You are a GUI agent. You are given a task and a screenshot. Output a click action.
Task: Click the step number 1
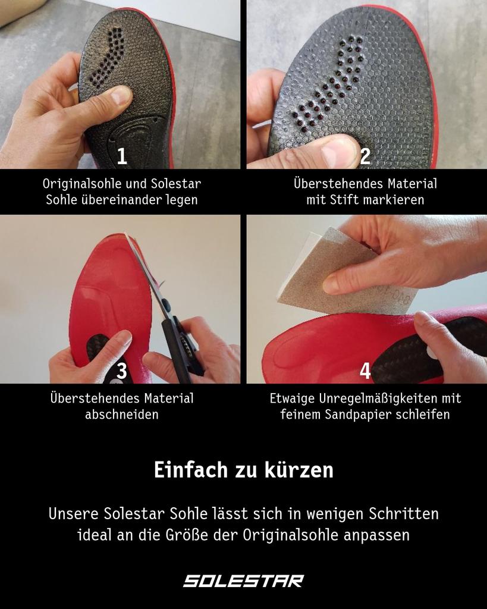tap(122, 156)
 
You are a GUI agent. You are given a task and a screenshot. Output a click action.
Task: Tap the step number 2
tap(365, 156)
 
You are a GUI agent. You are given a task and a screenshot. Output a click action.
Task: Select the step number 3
tap(122, 371)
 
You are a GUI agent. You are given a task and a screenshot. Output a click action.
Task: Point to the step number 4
tap(365, 371)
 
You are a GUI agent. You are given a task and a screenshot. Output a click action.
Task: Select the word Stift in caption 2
tap(345, 200)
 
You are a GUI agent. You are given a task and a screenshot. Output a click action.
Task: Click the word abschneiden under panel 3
tap(122, 414)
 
